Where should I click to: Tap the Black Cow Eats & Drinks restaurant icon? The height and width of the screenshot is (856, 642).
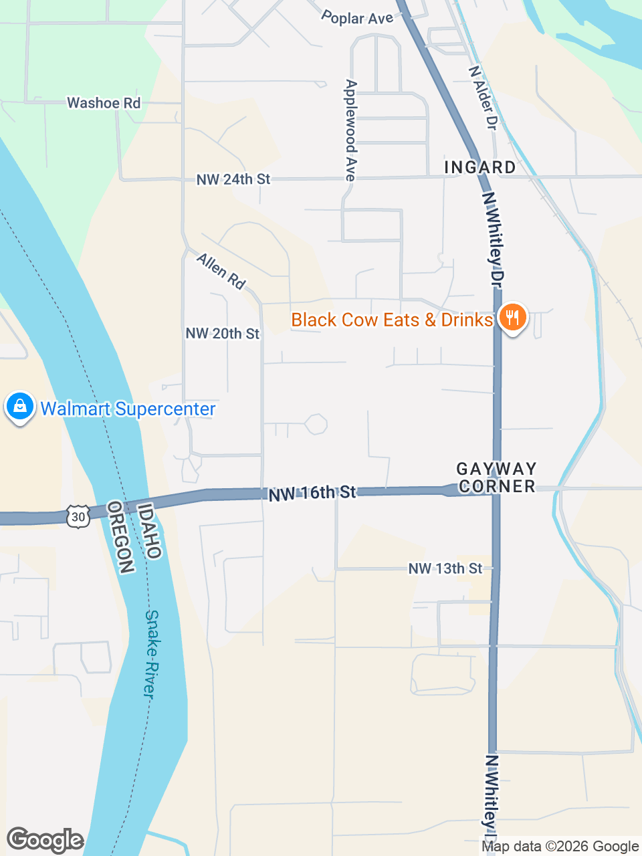(x=512, y=317)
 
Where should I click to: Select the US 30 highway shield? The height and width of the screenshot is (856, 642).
(x=78, y=516)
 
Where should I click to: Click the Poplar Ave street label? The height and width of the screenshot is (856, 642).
(x=357, y=18)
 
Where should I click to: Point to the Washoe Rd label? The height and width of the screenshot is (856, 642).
(x=104, y=103)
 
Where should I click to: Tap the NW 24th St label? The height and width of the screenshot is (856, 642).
(x=233, y=179)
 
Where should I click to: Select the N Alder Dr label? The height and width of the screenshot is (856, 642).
(x=484, y=98)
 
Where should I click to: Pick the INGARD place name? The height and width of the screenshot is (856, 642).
(x=480, y=167)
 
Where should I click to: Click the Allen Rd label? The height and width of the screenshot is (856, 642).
(x=221, y=271)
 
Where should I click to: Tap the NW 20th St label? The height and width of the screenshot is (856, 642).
(x=222, y=334)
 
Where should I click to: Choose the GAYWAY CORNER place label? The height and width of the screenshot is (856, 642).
(x=497, y=477)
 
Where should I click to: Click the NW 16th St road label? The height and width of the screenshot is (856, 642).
(x=312, y=494)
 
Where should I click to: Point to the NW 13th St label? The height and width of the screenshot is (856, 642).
(x=445, y=568)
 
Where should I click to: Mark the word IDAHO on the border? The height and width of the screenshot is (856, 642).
(x=150, y=531)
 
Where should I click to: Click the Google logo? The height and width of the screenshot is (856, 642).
(x=45, y=840)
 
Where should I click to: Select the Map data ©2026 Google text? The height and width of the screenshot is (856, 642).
(x=560, y=847)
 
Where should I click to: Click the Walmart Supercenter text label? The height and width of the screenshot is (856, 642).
(x=128, y=409)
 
